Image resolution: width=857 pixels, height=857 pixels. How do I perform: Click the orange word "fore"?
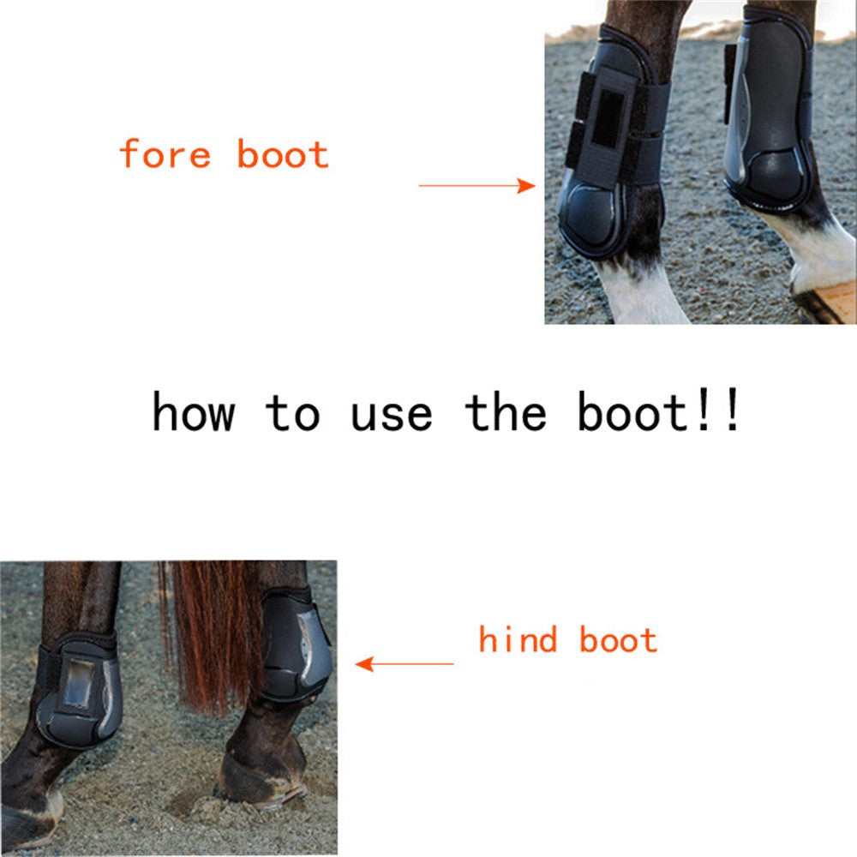click(x=165, y=153)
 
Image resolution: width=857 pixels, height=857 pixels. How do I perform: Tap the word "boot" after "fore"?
click(x=283, y=153)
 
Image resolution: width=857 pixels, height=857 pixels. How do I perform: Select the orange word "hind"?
click(x=518, y=639)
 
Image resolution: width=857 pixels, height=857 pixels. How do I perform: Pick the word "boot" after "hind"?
click(x=618, y=639)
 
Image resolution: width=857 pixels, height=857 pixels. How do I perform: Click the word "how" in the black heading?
click(x=194, y=411)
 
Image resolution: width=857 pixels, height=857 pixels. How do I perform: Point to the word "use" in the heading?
click(x=392, y=414)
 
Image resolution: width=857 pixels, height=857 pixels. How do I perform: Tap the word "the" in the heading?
click(x=506, y=411)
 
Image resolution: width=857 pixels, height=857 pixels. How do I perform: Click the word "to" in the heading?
click(x=292, y=413)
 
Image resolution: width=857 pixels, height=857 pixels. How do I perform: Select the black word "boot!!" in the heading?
click(x=658, y=411)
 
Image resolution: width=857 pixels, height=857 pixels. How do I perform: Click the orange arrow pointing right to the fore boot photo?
click(x=476, y=186)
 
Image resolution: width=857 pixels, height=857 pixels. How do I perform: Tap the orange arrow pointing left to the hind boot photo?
click(x=405, y=664)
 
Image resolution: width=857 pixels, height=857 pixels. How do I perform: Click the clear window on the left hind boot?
click(x=79, y=683)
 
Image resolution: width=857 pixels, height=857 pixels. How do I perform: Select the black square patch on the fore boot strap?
click(x=608, y=118)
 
